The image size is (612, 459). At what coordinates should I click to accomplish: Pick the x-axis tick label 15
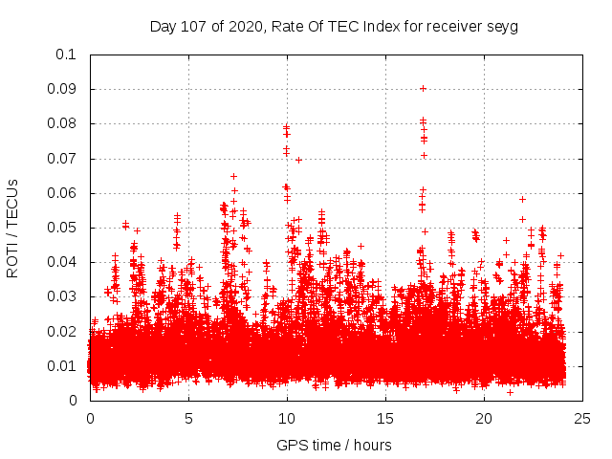click(x=385, y=418)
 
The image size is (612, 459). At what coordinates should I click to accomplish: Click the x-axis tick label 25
click(x=582, y=418)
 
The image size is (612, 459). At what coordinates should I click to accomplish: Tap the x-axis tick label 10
click(x=287, y=418)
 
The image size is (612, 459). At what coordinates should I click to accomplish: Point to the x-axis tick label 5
click(x=188, y=418)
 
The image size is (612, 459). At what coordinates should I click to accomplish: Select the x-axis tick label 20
click(x=484, y=418)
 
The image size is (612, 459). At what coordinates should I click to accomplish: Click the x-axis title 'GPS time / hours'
click(x=334, y=445)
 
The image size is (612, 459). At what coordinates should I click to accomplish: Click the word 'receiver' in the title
click(x=454, y=26)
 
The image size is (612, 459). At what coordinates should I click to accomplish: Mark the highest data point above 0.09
click(x=423, y=88)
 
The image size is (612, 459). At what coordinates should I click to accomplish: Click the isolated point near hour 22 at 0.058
click(x=522, y=199)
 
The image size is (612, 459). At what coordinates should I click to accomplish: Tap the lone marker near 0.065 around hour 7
click(x=233, y=176)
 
